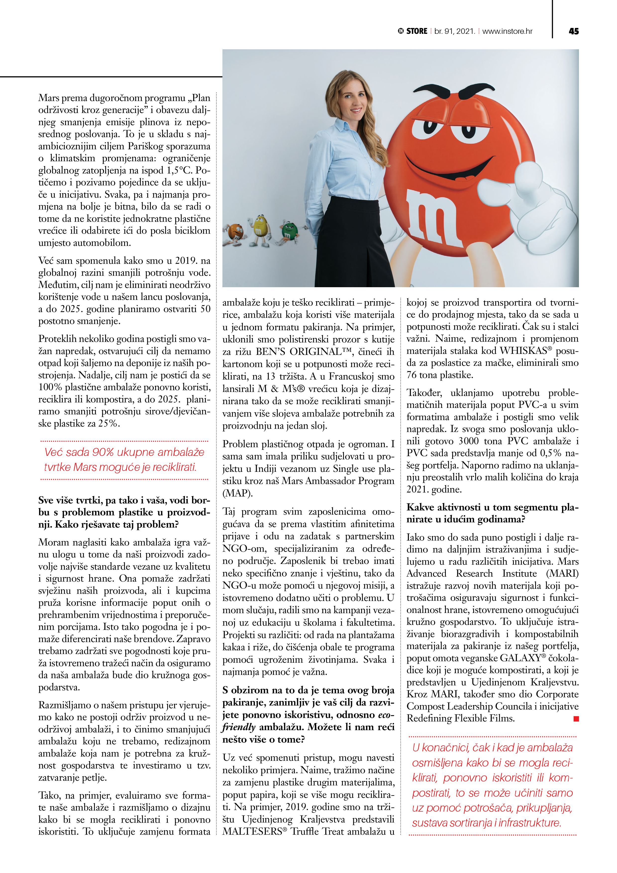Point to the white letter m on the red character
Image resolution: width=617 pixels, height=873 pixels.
(x=433, y=217)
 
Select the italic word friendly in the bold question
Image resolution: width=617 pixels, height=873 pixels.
(x=239, y=727)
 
